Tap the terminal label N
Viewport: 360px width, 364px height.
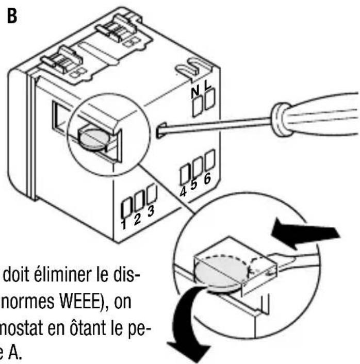(x=195, y=93)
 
